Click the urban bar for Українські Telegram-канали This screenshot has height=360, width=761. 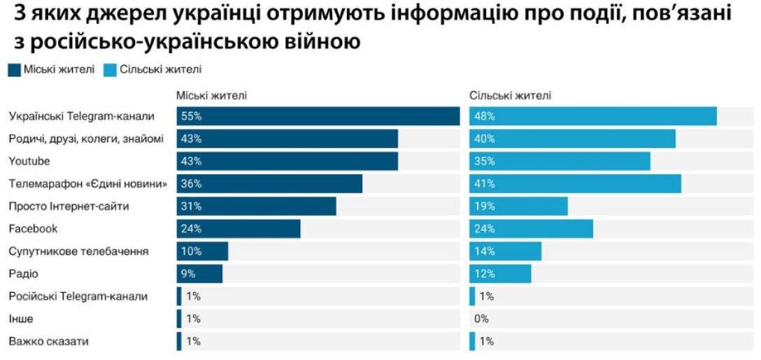(318, 116)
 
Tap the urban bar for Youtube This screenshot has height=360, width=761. (287, 161)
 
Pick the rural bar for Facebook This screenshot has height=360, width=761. (531, 229)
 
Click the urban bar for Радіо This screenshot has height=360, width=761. (199, 273)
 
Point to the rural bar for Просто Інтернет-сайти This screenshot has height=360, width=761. (518, 206)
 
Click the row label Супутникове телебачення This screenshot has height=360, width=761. (78, 251)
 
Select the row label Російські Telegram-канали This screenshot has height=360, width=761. (78, 296)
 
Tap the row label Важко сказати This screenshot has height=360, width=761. (49, 342)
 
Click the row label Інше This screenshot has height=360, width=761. (21, 319)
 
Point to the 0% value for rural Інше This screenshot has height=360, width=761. (481, 319)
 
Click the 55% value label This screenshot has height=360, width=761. (191, 116)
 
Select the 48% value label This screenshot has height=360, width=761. (484, 116)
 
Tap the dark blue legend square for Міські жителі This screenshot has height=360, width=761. (14, 69)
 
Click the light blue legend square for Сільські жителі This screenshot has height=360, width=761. (110, 69)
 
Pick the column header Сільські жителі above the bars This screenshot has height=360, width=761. (510, 96)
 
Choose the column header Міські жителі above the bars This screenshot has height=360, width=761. (211, 96)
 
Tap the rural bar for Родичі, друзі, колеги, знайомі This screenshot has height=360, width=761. (572, 138)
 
